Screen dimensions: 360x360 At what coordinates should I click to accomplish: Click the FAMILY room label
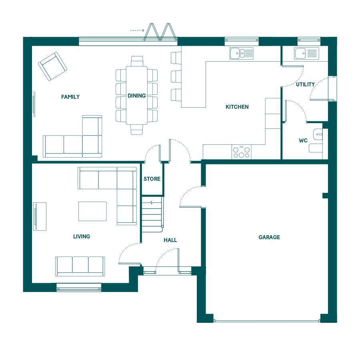pyautogui.click(x=70, y=97)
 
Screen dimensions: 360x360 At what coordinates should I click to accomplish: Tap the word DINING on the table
pyautogui.click(x=137, y=96)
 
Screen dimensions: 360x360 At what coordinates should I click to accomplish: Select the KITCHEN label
pyautogui.click(x=237, y=107)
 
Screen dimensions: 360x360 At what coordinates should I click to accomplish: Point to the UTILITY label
pyautogui.click(x=305, y=84)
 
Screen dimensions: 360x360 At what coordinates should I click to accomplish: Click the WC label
pyautogui.click(x=303, y=140)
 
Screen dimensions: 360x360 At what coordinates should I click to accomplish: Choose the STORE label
pyautogui.click(x=152, y=179)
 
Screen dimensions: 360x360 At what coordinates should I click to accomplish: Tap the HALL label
pyautogui.click(x=170, y=240)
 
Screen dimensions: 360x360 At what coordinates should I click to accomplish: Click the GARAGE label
pyautogui.click(x=269, y=237)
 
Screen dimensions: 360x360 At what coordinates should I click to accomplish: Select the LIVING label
pyautogui.click(x=82, y=236)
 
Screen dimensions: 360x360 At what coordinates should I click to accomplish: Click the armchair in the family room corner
pyautogui.click(x=52, y=66)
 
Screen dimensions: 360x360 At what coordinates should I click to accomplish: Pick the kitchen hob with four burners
pyautogui.click(x=241, y=152)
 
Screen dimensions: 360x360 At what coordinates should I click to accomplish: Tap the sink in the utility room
pyautogui.click(x=306, y=53)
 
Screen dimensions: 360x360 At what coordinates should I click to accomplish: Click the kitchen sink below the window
pyautogui.click(x=242, y=53)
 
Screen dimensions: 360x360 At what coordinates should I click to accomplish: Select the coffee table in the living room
pyautogui.click(x=92, y=211)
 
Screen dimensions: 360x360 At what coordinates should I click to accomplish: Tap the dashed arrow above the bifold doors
pyautogui.click(x=137, y=30)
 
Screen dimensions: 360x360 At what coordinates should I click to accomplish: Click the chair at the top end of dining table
pyautogui.click(x=137, y=61)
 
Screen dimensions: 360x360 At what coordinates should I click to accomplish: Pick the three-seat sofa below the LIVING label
pyautogui.click(x=80, y=266)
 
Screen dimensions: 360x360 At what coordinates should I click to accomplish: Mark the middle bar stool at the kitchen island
pyautogui.click(x=176, y=76)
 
